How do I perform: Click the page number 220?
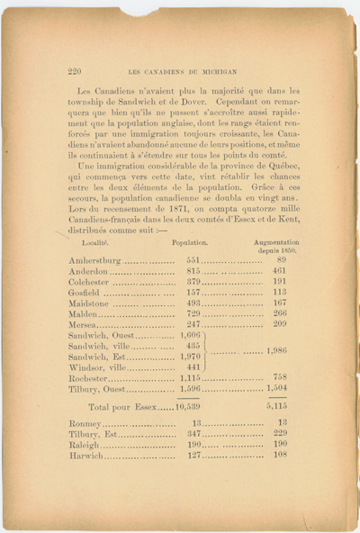pyautogui.click(x=75, y=70)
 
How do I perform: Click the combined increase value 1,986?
pyautogui.click(x=276, y=350)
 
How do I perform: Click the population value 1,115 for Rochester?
pyautogui.click(x=189, y=378)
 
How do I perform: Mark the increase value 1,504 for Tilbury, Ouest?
pyautogui.click(x=275, y=389)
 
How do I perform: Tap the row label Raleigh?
pyautogui.click(x=85, y=445)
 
